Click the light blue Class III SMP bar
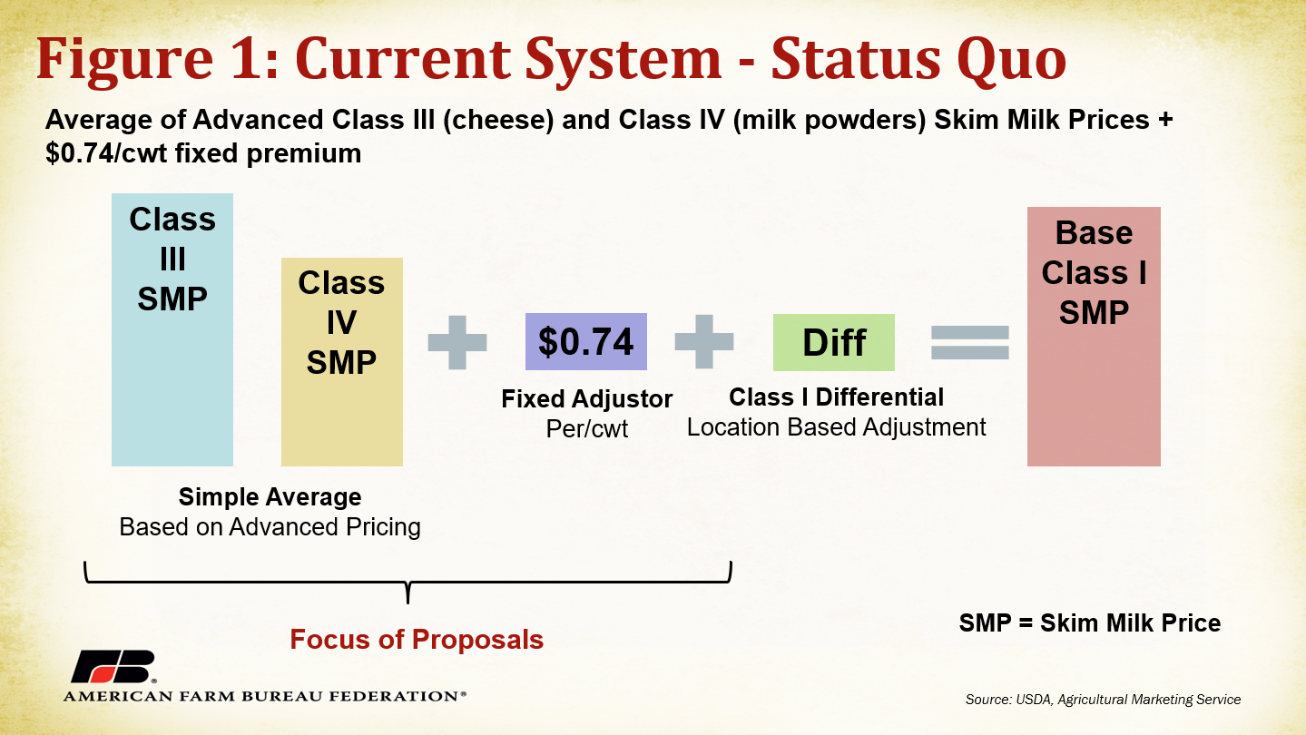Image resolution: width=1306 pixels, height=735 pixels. click(172, 330)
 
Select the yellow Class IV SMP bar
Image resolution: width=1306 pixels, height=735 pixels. click(341, 362)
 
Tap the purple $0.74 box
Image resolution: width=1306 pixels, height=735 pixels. click(586, 341)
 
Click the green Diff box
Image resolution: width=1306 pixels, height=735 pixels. click(834, 342)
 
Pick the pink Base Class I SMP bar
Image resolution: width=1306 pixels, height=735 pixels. click(1094, 337)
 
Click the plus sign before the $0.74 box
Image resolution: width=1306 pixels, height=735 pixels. click(457, 342)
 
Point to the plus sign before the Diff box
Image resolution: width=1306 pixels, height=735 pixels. click(703, 341)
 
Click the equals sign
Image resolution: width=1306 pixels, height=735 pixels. click(970, 342)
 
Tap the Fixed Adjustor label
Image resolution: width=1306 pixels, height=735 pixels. click(586, 399)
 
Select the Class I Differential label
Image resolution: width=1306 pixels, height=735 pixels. click(836, 397)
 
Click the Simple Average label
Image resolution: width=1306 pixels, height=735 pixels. click(270, 497)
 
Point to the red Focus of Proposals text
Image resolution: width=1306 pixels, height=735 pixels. click(417, 640)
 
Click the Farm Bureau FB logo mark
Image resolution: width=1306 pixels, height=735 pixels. click(113, 666)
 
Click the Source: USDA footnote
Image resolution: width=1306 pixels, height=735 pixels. click(1103, 700)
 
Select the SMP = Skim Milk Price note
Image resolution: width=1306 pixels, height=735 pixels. click(1090, 623)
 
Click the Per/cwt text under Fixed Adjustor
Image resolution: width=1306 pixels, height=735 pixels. click(586, 429)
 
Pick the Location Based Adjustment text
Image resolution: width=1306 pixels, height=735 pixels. click(836, 427)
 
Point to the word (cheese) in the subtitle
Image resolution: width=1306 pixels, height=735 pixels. click(498, 120)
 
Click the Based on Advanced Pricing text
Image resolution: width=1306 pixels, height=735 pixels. click(270, 527)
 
